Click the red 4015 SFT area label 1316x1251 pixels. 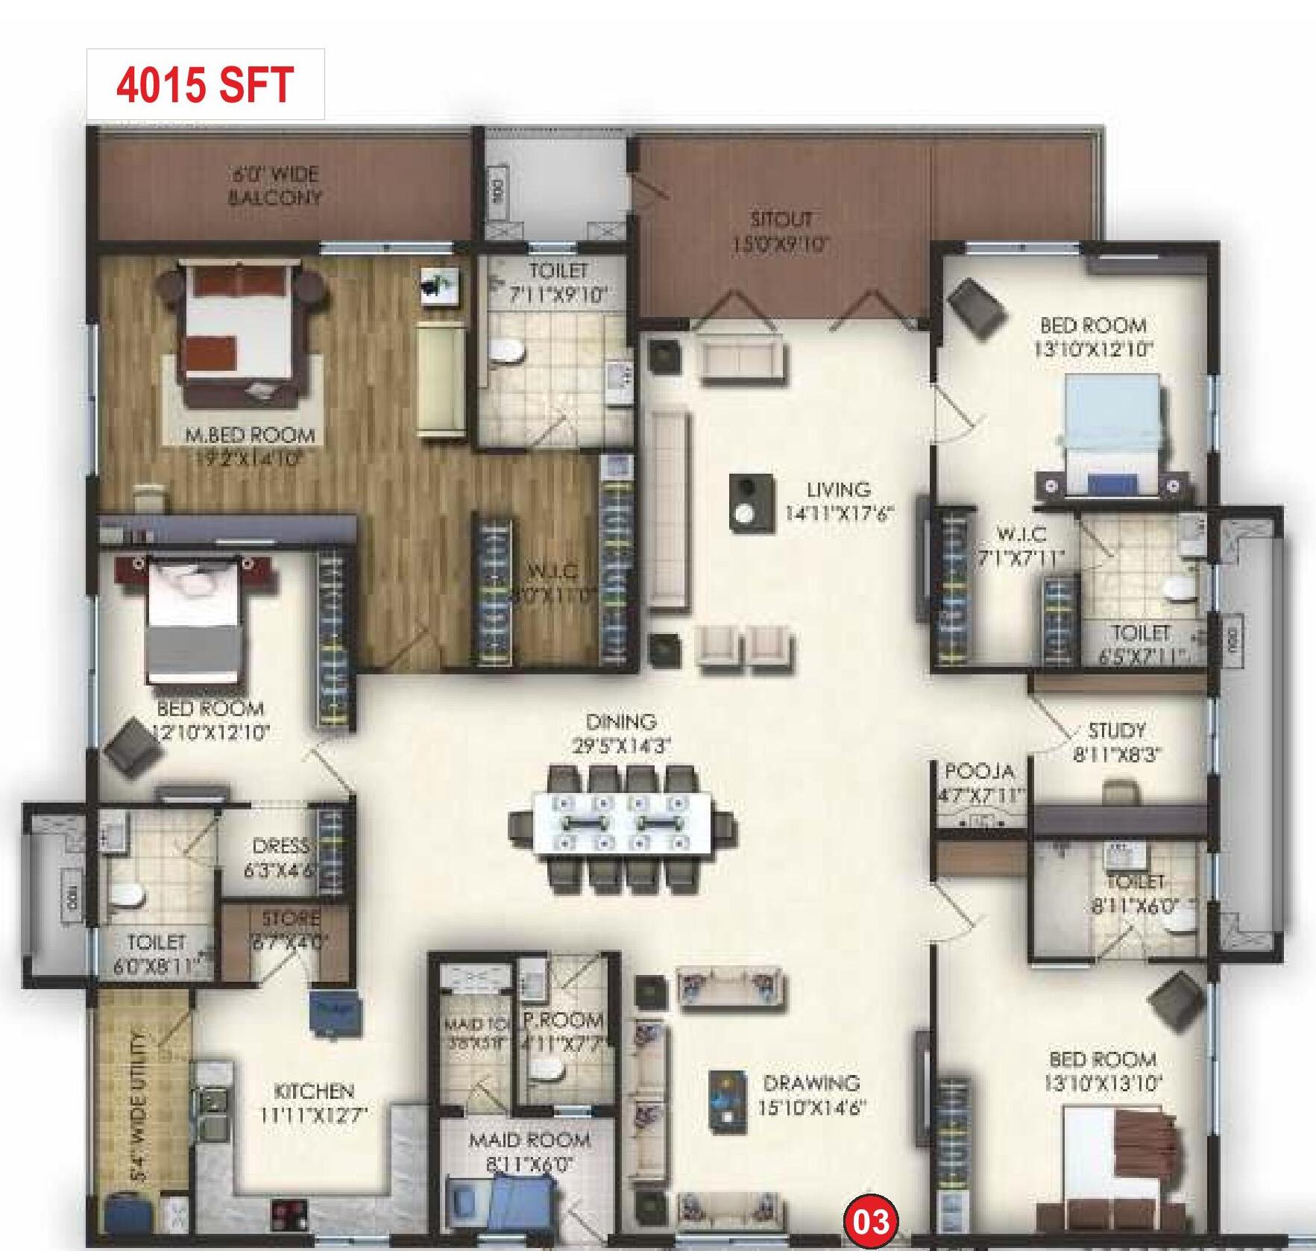tap(204, 84)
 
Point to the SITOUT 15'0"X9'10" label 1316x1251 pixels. tap(781, 231)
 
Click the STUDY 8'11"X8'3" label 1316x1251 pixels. tap(1116, 741)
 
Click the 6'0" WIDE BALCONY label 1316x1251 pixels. tap(274, 186)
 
